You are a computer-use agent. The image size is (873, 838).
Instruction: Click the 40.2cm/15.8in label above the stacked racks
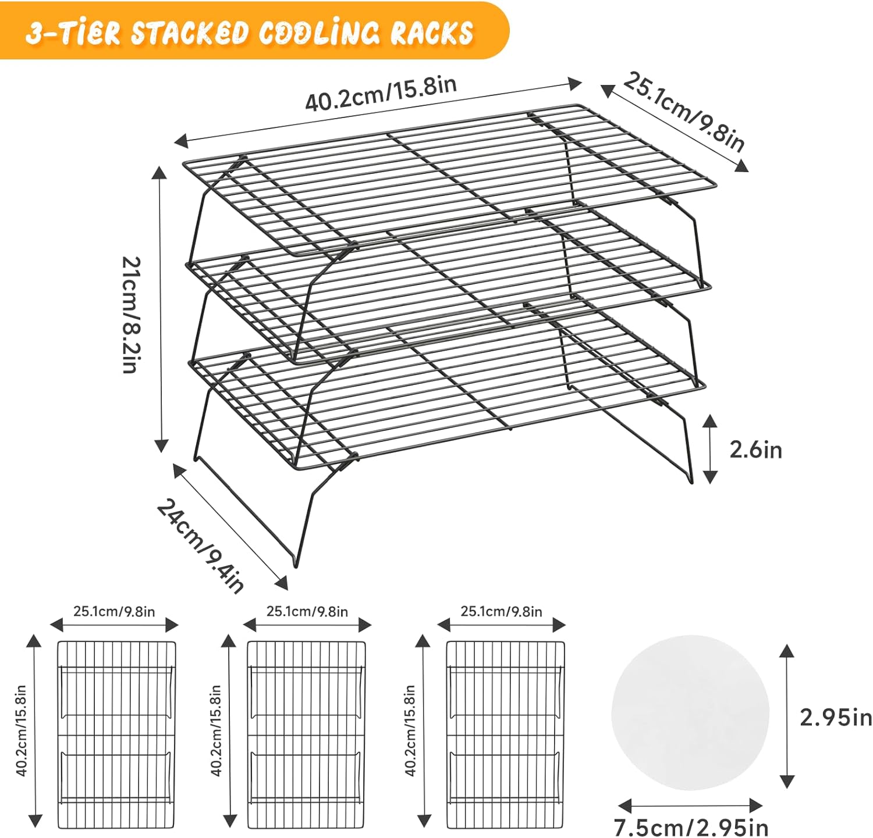click(381, 93)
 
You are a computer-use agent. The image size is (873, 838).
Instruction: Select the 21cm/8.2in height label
click(132, 315)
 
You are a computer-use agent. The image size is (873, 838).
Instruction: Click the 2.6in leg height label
click(755, 450)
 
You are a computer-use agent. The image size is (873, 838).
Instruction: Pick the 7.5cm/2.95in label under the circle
click(691, 826)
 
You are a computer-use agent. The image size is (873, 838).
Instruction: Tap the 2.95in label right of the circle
click(836, 717)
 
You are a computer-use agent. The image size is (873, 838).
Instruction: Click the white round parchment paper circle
click(690, 712)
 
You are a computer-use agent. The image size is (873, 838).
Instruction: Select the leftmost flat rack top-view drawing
click(116, 734)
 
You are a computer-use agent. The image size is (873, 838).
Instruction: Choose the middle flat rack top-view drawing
click(307, 734)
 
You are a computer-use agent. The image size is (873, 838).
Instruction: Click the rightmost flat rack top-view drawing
click(505, 734)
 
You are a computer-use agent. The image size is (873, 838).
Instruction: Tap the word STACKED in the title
click(190, 33)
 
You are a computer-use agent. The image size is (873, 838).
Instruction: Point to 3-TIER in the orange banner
click(72, 33)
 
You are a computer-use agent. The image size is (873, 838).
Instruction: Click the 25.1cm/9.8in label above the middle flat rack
click(307, 611)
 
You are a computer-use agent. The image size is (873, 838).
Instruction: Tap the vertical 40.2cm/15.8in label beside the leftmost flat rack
click(22, 730)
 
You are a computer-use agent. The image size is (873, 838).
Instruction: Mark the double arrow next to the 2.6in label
click(709, 449)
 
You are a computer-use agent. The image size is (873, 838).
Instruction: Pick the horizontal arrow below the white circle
click(690, 806)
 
